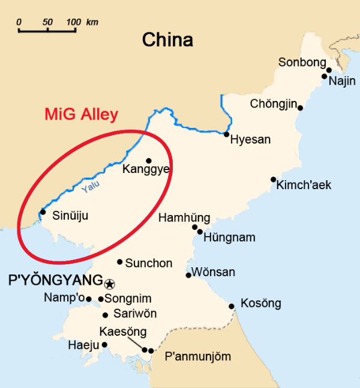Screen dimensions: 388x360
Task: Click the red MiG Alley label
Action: point(82,115)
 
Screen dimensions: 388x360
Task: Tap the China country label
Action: point(167,40)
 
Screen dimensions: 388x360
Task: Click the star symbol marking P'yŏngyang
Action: point(110,283)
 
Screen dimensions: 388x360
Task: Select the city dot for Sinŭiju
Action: point(43,211)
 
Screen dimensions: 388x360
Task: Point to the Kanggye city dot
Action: point(149,160)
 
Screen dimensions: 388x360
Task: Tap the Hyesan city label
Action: point(251,139)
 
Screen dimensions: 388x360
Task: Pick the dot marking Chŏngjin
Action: point(300,108)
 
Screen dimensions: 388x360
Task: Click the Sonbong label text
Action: point(302,62)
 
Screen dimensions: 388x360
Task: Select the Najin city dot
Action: point(325,76)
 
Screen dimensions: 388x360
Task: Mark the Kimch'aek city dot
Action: point(273,180)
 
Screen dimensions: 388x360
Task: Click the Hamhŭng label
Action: point(184,218)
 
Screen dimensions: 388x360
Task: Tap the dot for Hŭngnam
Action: point(200,231)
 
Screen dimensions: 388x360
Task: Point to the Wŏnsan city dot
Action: point(188,275)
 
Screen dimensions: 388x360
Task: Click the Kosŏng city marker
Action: point(232,306)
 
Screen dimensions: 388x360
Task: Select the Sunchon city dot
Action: point(120,262)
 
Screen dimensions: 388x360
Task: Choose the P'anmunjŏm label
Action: point(197,357)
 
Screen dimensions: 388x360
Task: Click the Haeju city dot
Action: point(104,345)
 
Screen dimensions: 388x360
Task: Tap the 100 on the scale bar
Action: point(73,22)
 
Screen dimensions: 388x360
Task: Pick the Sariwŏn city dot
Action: point(106,315)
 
